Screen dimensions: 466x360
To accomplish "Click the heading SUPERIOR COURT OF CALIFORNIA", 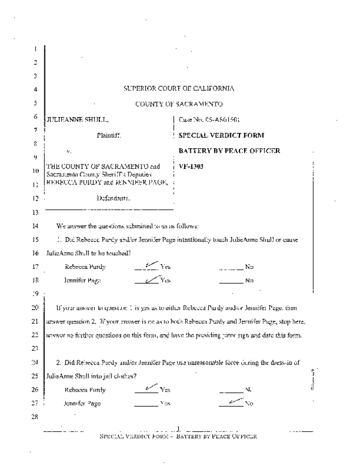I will click(x=179, y=89).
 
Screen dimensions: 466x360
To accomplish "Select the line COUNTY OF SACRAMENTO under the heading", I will click(x=179, y=103).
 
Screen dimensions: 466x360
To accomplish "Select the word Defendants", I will click(x=113, y=197).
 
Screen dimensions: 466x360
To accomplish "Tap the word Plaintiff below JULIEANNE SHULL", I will click(x=109, y=136).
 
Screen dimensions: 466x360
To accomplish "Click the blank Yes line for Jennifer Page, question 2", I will click(x=146, y=404).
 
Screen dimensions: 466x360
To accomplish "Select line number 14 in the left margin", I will click(x=37, y=226).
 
